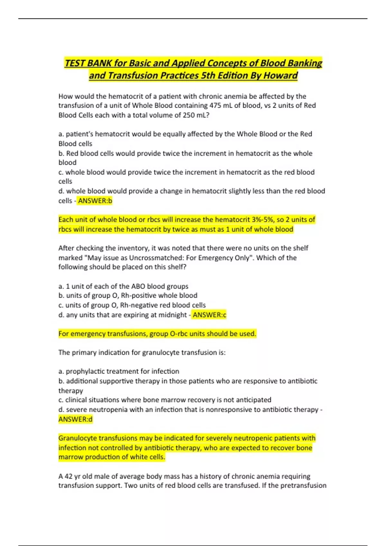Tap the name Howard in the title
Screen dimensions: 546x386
coord(280,75)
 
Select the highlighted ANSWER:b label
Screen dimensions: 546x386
coord(95,201)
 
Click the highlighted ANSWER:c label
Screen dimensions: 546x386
coord(209,315)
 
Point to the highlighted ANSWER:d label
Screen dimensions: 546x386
coord(75,419)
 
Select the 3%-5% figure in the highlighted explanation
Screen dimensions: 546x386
coord(262,220)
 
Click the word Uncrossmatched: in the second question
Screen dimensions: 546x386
coord(152,258)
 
